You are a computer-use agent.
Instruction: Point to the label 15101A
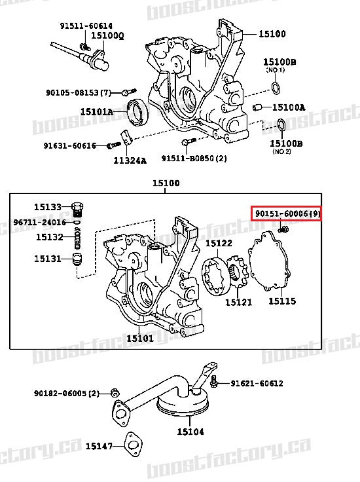click(x=97, y=112)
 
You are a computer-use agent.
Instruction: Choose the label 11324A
click(x=130, y=160)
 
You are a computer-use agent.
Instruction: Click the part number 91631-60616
click(x=70, y=145)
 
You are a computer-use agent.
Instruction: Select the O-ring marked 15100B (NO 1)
click(x=277, y=88)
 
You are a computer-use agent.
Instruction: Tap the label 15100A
click(x=289, y=107)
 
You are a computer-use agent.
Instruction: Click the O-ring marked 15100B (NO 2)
click(x=279, y=124)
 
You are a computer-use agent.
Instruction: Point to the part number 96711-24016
click(x=39, y=222)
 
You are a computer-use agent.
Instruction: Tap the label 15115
click(x=282, y=301)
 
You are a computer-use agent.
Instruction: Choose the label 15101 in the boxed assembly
click(x=139, y=338)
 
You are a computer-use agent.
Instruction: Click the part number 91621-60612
click(x=257, y=383)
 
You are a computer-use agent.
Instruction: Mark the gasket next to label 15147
click(x=135, y=445)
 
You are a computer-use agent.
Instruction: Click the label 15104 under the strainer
click(x=190, y=432)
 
